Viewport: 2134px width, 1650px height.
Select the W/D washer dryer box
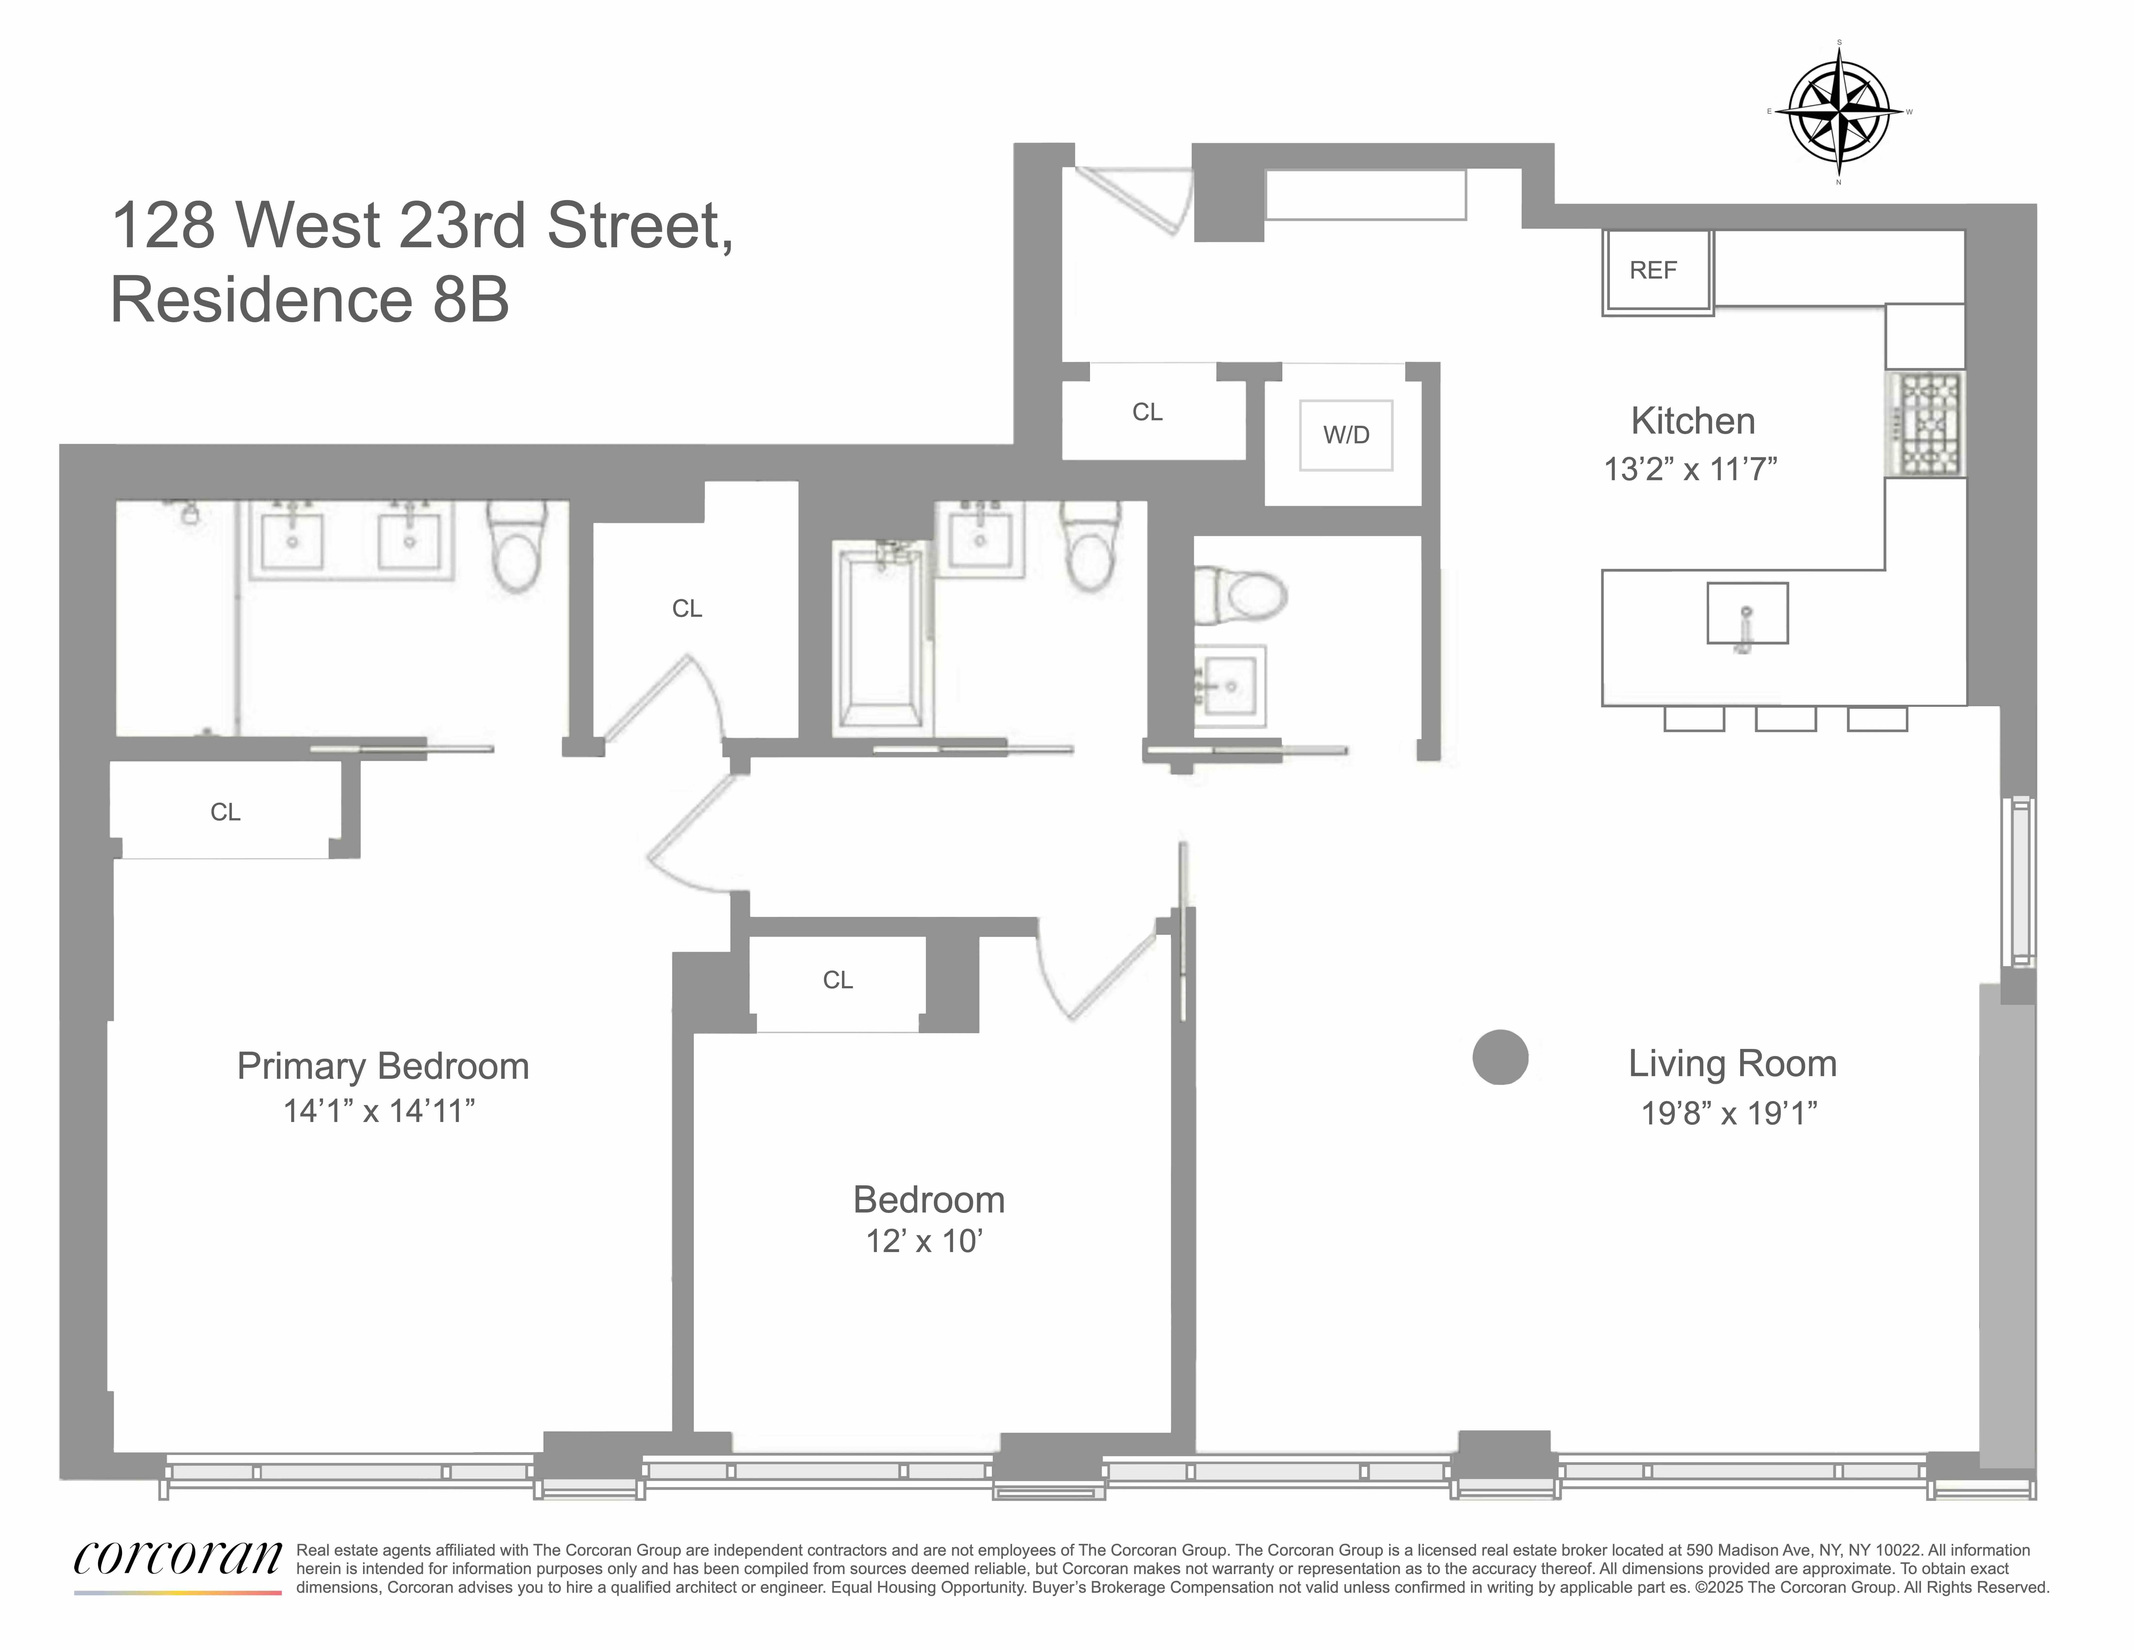tap(1345, 435)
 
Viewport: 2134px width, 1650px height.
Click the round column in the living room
tap(1500, 1058)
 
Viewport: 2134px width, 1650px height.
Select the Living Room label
tap(1731, 1064)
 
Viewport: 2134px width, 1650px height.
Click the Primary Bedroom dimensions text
tap(379, 1111)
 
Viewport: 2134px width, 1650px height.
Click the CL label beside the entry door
tap(1147, 412)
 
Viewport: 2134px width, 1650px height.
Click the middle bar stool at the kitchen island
tap(1785, 719)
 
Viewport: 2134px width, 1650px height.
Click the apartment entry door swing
tap(1133, 200)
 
